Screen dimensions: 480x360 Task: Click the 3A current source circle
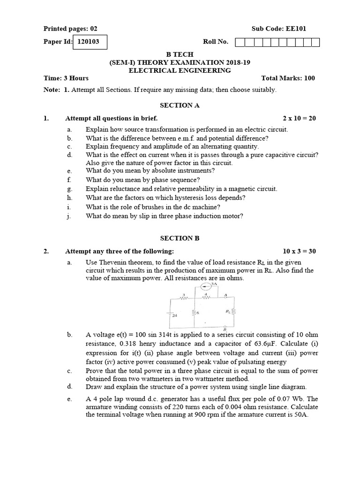coord(205,287)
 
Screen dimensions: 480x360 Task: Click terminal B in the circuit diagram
coord(225,328)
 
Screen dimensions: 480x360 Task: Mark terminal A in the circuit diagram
coord(225,295)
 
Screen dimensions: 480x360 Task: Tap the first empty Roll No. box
coord(240,43)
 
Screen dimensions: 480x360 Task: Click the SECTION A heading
coord(180,105)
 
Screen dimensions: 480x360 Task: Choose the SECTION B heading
coord(180,238)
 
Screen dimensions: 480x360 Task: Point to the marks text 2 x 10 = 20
coord(299,118)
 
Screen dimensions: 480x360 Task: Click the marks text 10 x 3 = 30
coord(299,251)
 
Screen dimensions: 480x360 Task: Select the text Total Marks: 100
coord(288,78)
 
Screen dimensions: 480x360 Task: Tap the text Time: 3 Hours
coord(66,78)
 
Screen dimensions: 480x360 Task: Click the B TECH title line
coord(180,54)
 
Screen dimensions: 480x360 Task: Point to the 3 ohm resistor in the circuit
coord(184,296)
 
